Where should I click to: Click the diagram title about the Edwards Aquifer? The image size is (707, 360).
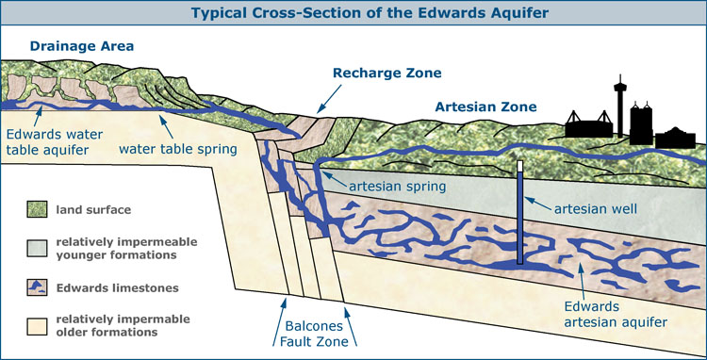point(353,12)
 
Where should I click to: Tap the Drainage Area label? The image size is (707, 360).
point(81,46)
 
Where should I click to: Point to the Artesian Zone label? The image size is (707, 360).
point(485,107)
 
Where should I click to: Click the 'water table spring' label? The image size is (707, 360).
point(178,149)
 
